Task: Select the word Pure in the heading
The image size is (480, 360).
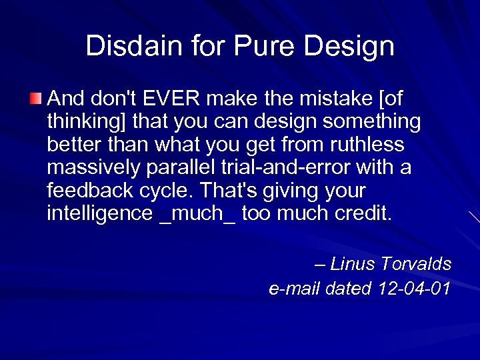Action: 258,46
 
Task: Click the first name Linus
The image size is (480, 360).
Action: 352,265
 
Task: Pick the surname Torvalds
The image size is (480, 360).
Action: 416,265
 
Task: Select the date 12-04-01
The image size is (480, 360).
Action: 413,288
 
